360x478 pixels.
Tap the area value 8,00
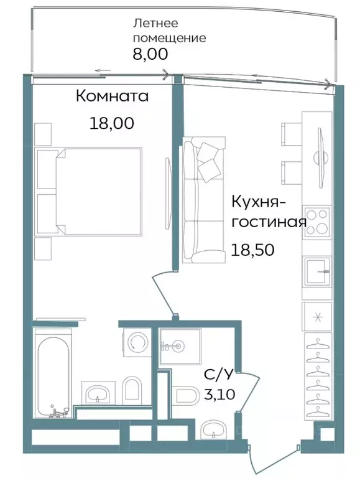coord(150,54)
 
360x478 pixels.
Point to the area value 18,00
coord(111,123)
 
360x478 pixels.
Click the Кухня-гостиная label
coord(268,212)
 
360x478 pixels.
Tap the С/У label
coord(218,375)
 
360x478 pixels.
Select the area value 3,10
coord(218,394)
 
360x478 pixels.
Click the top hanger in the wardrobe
coord(317,342)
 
